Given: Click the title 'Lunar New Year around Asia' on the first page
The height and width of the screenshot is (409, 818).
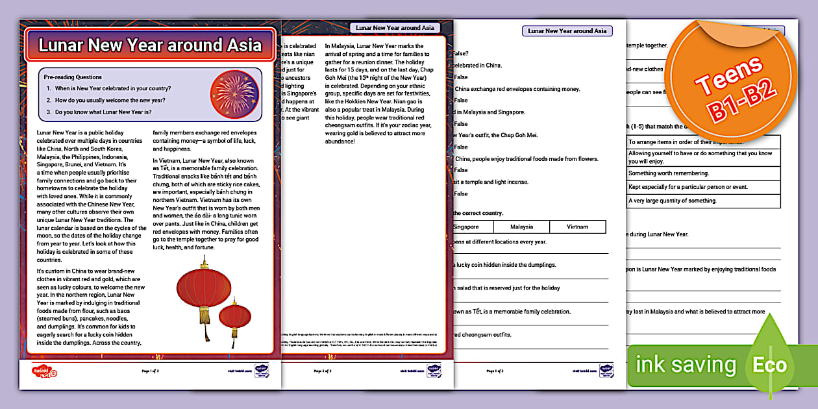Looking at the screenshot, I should click(x=150, y=45).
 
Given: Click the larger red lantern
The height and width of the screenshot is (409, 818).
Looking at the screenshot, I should click(x=204, y=290).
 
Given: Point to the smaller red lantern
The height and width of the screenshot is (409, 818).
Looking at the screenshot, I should click(x=234, y=318).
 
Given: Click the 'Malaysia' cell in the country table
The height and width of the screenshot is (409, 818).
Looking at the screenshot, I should click(x=521, y=227).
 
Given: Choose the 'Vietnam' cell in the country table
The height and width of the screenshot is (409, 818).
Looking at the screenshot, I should click(x=577, y=227).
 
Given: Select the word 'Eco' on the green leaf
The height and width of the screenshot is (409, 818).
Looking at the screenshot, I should click(x=769, y=364).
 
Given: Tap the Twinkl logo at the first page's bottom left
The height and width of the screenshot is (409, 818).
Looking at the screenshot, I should click(x=45, y=371).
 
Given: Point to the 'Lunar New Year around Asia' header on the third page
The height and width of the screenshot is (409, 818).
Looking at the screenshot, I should click(x=567, y=31).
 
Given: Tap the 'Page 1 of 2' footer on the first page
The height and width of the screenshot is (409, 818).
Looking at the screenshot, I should click(x=150, y=371).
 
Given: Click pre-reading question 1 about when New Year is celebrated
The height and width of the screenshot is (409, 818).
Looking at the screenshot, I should click(x=112, y=88).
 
